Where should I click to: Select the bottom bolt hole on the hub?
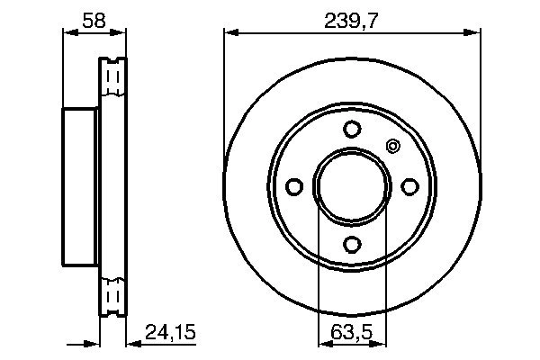click(352, 243)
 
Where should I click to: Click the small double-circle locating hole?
click(391, 146)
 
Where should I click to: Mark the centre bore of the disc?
click(352, 185)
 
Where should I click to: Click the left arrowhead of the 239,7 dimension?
click(229, 33)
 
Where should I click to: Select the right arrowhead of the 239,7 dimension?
click(473, 33)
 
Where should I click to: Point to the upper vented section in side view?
click(112, 81)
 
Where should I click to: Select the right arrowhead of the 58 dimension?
click(121, 33)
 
